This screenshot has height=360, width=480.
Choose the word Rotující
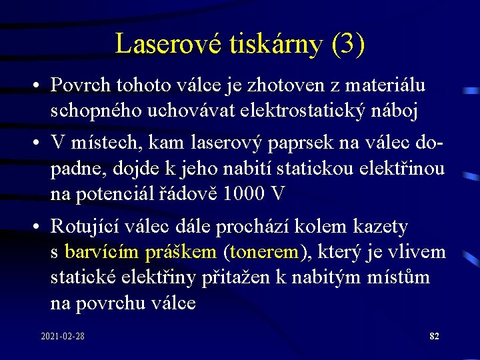pyautogui.click(x=88, y=227)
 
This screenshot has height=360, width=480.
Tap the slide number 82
pyautogui.click(x=434, y=336)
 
